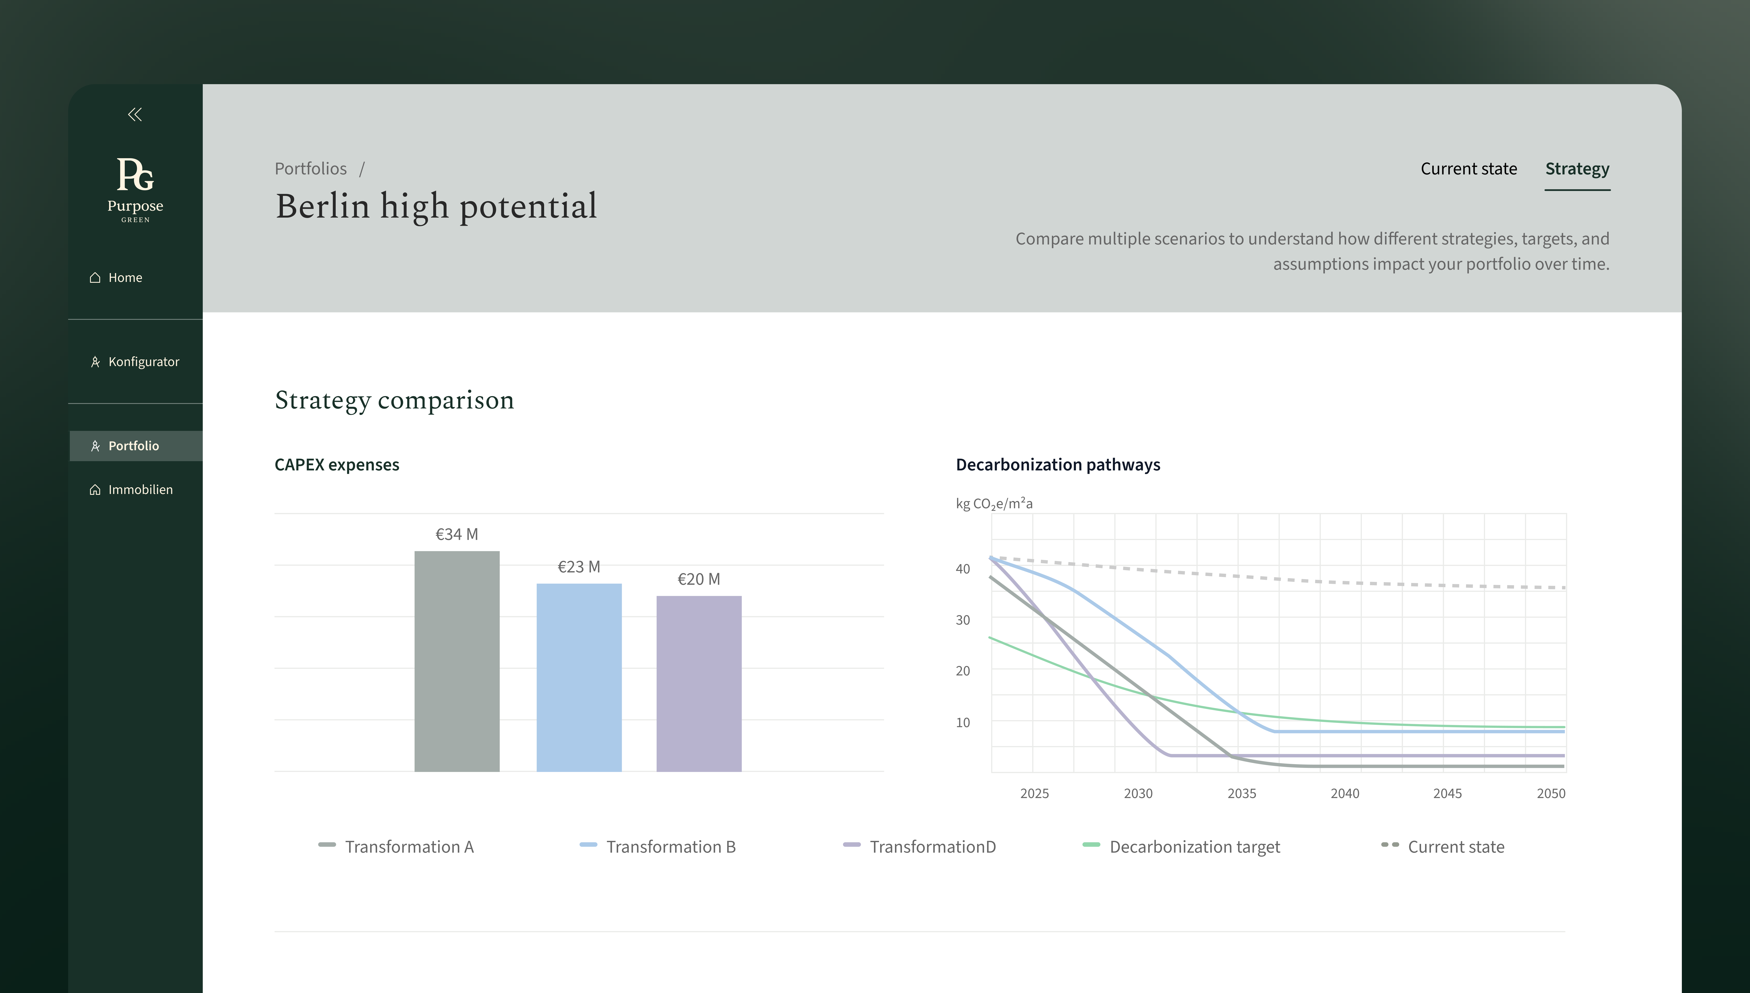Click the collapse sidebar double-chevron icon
tap(135, 115)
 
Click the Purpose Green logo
tap(135, 190)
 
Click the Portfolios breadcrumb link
tap(311, 169)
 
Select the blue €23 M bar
tap(579, 677)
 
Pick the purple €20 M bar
tap(699, 683)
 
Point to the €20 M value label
tap(699, 579)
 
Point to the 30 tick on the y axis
tap(962, 620)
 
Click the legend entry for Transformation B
tap(658, 846)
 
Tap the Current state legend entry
tap(1442, 846)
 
